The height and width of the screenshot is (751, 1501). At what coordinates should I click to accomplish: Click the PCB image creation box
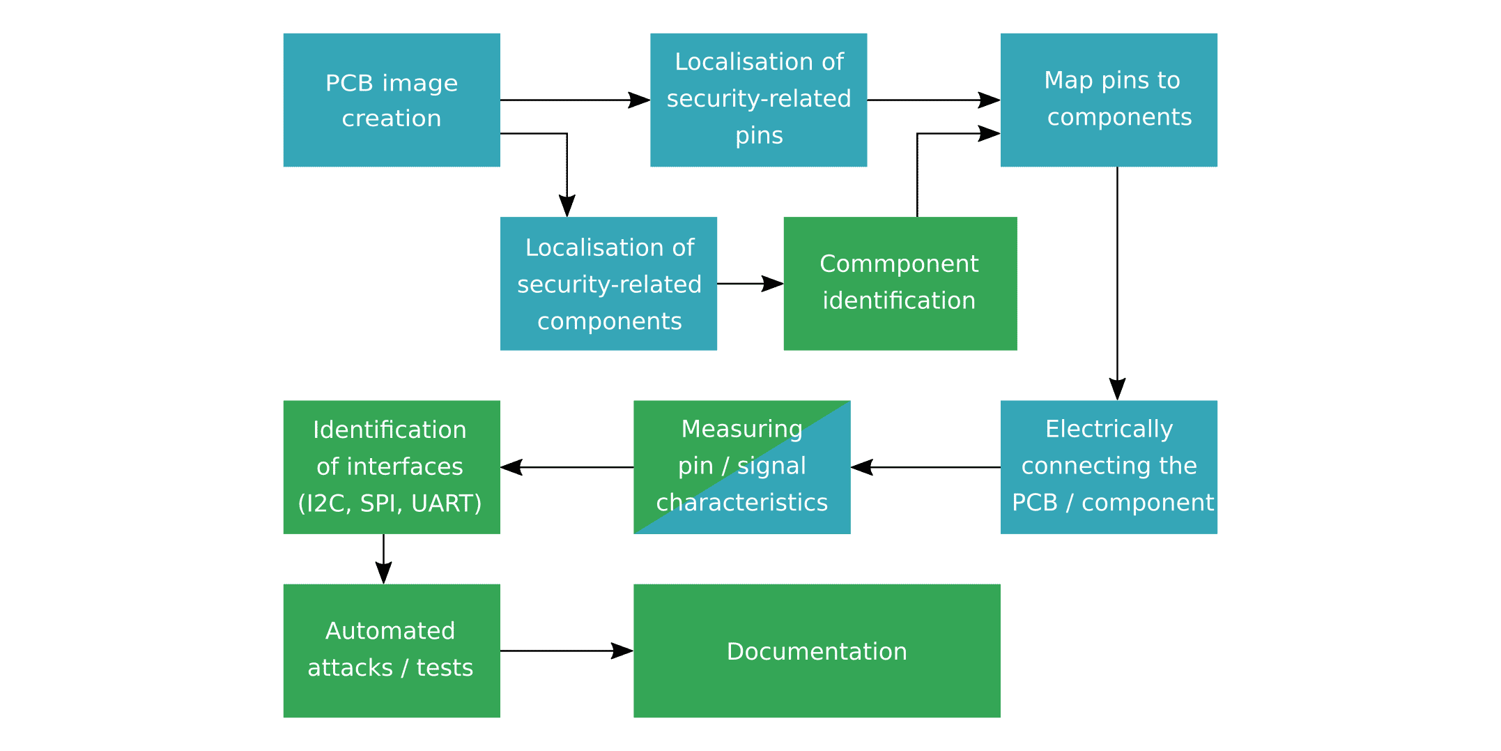click(391, 100)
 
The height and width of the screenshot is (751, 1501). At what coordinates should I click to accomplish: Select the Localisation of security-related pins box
click(758, 100)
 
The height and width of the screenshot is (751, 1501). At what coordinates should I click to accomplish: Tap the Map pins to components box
click(1109, 100)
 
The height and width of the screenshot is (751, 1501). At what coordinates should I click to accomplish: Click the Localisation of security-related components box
click(608, 284)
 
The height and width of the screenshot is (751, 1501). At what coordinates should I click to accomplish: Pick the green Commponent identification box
click(900, 284)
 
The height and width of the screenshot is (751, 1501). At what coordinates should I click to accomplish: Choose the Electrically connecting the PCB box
click(1109, 467)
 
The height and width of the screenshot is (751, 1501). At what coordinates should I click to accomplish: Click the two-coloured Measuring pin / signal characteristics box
click(741, 467)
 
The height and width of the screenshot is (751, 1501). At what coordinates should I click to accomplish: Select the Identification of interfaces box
click(391, 467)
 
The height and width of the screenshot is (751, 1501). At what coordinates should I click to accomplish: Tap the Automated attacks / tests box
click(391, 651)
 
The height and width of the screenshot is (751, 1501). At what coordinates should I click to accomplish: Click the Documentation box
click(817, 651)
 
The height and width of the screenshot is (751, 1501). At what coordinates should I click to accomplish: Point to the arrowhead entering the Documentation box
click(622, 651)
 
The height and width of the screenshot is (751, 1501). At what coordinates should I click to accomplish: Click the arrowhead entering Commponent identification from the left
click(773, 284)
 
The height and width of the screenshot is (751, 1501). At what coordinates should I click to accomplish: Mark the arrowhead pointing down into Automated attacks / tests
click(383, 573)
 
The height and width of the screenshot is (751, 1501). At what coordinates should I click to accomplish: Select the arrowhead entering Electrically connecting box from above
click(1117, 389)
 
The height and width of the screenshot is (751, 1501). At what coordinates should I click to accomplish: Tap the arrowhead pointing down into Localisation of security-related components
click(567, 206)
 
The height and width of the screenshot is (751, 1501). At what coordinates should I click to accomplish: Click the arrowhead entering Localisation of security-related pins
click(639, 100)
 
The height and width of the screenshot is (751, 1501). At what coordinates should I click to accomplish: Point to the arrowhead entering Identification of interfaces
click(511, 467)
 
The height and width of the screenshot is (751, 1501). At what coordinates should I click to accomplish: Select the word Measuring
click(741, 429)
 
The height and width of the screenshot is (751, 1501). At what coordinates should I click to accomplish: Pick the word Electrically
click(1109, 429)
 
